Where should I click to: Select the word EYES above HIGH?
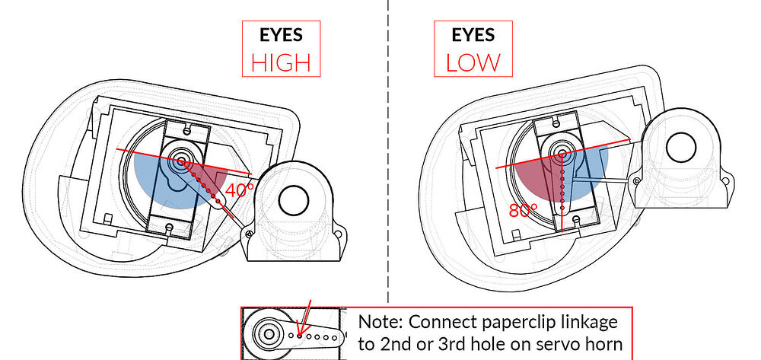coord(280,35)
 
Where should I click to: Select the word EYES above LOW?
coord(473,35)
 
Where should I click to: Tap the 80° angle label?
coord(524,210)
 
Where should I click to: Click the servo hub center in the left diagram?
coord(182,161)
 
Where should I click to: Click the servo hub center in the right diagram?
coord(562,154)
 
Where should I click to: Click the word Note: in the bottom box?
coord(382,321)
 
